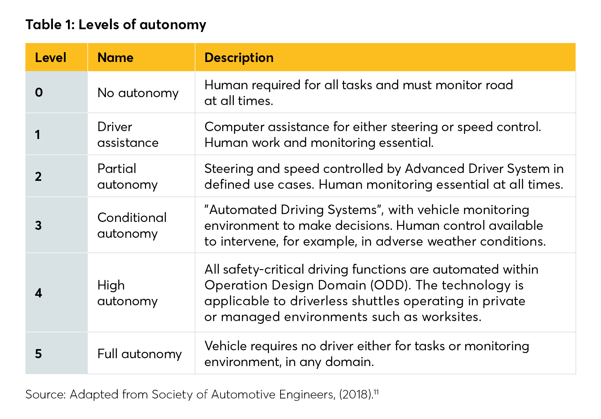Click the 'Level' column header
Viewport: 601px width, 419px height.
51,58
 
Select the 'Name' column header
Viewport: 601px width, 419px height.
115,58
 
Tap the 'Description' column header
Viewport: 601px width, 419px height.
239,58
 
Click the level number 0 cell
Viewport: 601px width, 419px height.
39,92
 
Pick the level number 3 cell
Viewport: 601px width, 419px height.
38,225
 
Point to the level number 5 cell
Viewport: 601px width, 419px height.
38,353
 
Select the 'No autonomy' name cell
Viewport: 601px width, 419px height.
138,93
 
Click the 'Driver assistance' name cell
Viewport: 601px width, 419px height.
128,135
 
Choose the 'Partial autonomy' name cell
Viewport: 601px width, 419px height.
127,177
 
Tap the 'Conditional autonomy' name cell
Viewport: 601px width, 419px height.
132,225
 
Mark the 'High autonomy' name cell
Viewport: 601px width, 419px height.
127,293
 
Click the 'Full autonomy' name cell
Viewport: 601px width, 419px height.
139,354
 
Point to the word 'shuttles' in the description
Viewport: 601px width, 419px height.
375,301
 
